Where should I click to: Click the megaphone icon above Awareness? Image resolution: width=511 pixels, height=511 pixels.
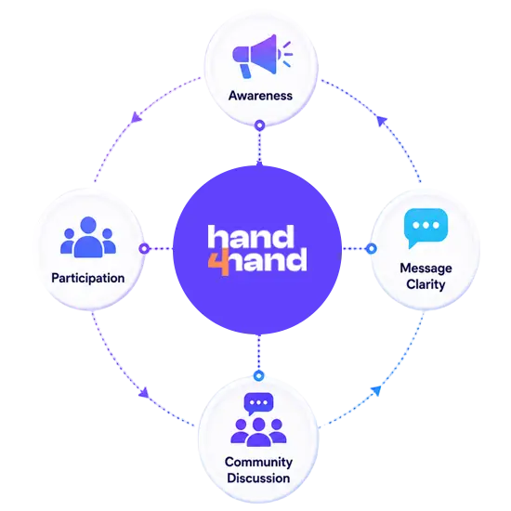click(262, 57)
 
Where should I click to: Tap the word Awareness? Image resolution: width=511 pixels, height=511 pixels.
click(260, 96)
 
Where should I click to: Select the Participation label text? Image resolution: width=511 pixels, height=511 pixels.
click(88, 279)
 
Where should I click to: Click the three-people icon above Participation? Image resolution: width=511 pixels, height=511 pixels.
click(88, 237)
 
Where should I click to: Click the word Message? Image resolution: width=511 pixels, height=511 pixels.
click(426, 268)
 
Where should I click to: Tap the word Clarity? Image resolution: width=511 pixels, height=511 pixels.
click(426, 284)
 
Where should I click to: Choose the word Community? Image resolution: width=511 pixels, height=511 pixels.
click(258, 462)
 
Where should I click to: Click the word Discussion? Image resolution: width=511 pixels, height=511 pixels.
click(258, 478)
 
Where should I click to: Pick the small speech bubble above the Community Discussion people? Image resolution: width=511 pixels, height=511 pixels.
click(258, 403)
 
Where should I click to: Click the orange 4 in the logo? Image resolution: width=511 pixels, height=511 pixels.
click(219, 262)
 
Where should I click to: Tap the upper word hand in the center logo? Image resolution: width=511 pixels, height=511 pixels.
click(251, 237)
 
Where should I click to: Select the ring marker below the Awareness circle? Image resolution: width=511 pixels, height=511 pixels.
click(260, 125)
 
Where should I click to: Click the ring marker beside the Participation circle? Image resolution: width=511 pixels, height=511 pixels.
click(144, 249)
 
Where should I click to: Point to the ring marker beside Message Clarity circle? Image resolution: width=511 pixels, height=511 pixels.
click(372, 249)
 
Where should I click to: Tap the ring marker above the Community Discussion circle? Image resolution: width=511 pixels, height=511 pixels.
click(259, 375)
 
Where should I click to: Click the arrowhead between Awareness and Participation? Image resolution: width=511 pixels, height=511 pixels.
click(136, 118)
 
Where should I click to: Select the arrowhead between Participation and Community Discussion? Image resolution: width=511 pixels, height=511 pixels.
click(144, 393)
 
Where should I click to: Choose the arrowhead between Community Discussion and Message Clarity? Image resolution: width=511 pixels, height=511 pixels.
click(376, 390)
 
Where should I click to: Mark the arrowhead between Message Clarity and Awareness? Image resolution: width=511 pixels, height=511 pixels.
click(382, 121)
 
